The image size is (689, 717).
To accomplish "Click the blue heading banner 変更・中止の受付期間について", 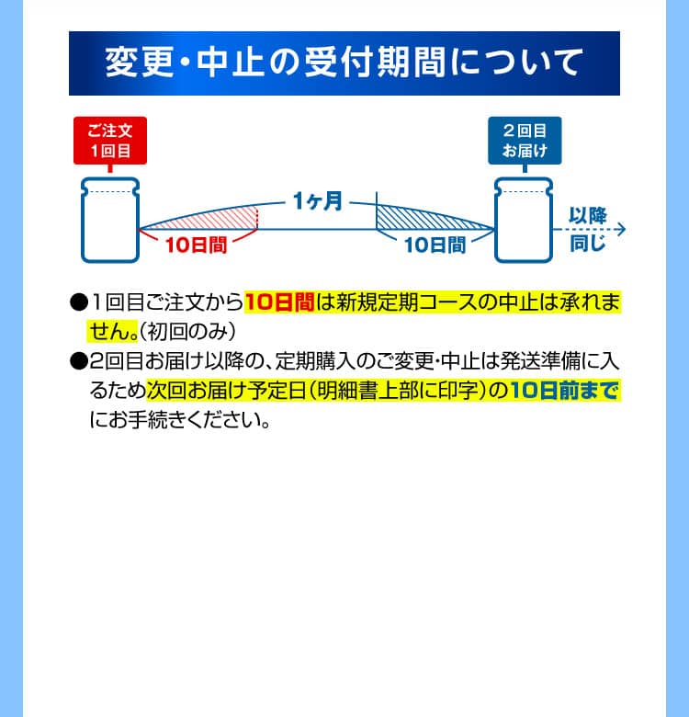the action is point(344,63).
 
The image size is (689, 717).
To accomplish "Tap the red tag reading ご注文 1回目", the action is point(110,141).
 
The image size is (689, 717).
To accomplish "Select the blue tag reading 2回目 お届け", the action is point(525,141).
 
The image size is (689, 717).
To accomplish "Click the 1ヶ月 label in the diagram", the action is point(317,201).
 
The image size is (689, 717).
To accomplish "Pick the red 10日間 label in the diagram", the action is point(196,245).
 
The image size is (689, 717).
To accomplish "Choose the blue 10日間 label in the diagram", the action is point(435,245).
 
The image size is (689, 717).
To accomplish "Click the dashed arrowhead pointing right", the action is point(621,229).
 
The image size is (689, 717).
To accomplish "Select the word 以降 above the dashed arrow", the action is point(588,215).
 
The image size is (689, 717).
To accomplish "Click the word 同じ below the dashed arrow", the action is point(588,244).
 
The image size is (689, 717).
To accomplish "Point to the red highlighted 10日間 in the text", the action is point(279,302).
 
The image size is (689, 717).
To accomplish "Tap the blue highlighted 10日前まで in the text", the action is point(564,391).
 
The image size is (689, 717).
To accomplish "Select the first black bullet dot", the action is point(79,302).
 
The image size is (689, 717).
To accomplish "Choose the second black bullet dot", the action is point(79,361).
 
